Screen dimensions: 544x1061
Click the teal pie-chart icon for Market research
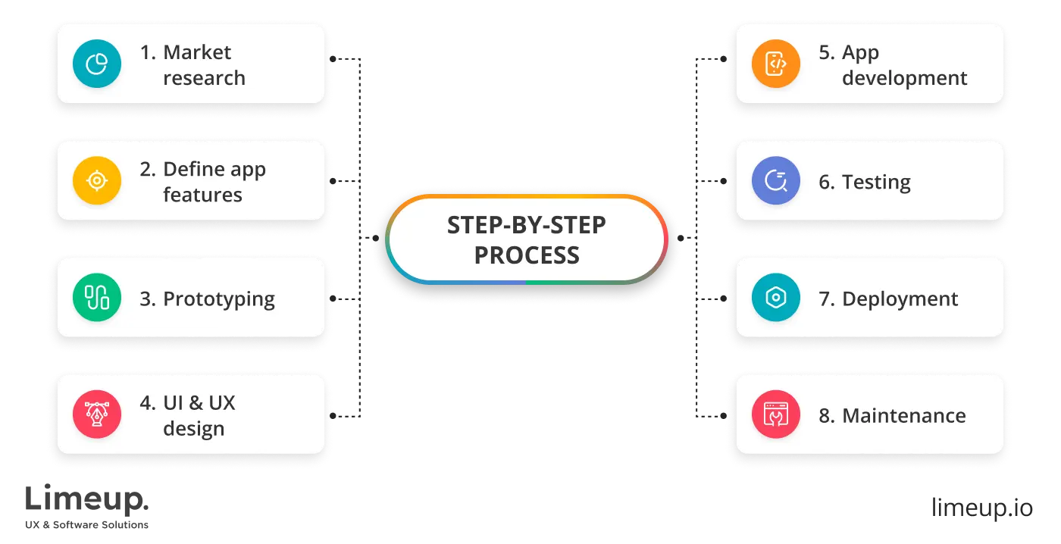tap(97, 64)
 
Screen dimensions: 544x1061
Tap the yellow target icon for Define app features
tap(97, 180)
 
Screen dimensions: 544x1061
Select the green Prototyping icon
tap(97, 298)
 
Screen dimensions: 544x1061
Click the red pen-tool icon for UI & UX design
tap(97, 414)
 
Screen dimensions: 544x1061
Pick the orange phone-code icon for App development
tap(776, 64)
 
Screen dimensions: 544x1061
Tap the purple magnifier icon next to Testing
tap(776, 181)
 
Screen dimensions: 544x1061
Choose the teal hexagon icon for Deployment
tap(776, 298)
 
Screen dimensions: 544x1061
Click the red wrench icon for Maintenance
tap(776, 414)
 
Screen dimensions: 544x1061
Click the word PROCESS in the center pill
tap(527, 255)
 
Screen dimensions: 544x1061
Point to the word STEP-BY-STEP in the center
tap(527, 226)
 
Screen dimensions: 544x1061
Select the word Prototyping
tap(219, 299)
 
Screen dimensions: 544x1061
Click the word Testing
tap(876, 183)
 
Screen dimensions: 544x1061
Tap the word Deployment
tap(900, 299)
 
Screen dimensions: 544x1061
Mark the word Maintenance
tap(903, 415)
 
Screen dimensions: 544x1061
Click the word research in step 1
tap(204, 78)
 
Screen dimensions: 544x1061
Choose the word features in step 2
tap(202, 195)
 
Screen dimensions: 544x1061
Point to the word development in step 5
tap(905, 78)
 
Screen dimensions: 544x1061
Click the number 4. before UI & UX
tap(147, 403)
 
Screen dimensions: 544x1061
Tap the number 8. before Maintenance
tap(826, 415)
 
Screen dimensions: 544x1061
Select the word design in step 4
tap(194, 429)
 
